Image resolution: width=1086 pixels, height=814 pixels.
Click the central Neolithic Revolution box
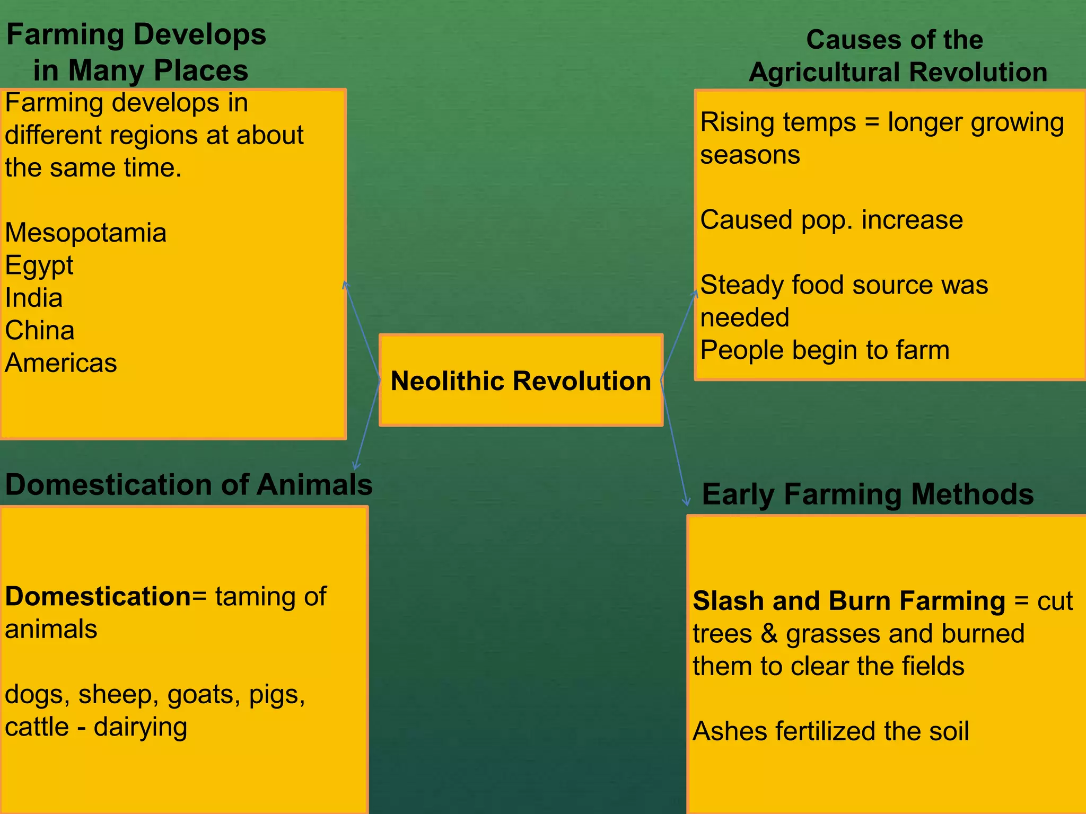(521, 380)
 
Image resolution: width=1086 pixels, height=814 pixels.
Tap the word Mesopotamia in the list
(85, 233)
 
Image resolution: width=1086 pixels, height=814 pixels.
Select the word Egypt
(39, 265)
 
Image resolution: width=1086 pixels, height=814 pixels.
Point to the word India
(33, 298)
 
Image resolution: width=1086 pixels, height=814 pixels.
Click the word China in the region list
(39, 330)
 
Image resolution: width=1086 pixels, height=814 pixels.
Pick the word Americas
(60, 363)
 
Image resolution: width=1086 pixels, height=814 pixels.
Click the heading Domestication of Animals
(188, 484)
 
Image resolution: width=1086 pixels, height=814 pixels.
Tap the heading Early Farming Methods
(867, 494)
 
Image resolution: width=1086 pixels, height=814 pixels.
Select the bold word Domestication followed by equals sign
(98, 596)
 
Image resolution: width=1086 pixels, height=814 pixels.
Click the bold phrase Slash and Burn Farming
(848, 601)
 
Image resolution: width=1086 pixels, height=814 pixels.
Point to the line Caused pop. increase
(831, 219)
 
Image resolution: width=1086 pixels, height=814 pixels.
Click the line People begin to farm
(825, 350)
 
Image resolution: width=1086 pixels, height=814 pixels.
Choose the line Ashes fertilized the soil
(830, 731)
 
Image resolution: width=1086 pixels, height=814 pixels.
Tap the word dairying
(141, 727)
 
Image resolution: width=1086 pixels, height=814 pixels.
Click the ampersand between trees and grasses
(768, 634)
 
